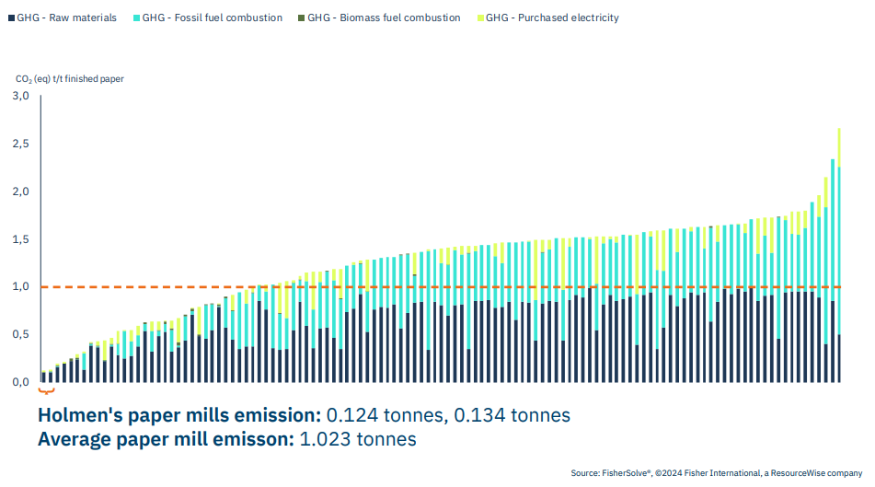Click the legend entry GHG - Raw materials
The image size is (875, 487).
pyautogui.click(x=67, y=17)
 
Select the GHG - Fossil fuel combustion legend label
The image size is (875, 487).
pyautogui.click(x=213, y=17)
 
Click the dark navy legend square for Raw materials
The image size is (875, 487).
pyautogui.click(x=10, y=17)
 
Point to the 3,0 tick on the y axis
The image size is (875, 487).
pyautogui.click(x=21, y=96)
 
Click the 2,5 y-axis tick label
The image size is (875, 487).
pyautogui.click(x=21, y=144)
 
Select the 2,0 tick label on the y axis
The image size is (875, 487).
pyautogui.click(x=21, y=191)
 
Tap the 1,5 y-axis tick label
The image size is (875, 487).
pyautogui.click(x=21, y=239)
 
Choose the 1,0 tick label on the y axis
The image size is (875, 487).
pyautogui.click(x=21, y=287)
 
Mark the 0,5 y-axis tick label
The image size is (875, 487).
pyautogui.click(x=21, y=334)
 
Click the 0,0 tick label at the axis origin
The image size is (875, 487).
pyautogui.click(x=21, y=382)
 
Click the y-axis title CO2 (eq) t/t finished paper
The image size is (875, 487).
pyautogui.click(x=69, y=78)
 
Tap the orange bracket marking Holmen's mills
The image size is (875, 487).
pyautogui.click(x=47, y=390)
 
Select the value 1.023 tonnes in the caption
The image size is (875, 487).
pyautogui.click(x=358, y=439)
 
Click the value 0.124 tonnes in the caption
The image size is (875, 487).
pyautogui.click(x=376, y=415)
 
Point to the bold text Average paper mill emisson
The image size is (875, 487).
pyautogui.click(x=167, y=439)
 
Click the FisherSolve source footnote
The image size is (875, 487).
pyautogui.click(x=716, y=473)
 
